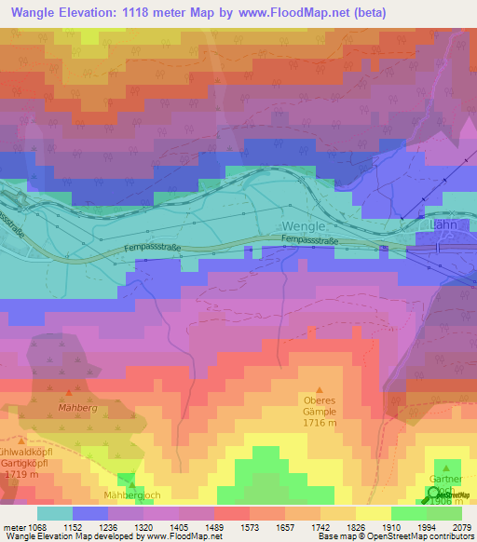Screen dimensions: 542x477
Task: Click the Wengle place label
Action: click(x=307, y=226)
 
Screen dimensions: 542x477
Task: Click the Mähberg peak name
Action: click(x=77, y=408)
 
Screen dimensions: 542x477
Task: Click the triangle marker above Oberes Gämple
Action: click(x=320, y=390)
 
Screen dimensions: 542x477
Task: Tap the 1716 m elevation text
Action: click(x=320, y=422)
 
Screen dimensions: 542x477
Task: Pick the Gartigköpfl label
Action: click(x=25, y=463)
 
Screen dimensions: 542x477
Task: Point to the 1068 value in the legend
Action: click(x=36, y=526)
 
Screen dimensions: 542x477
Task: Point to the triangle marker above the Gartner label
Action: click(x=446, y=469)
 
